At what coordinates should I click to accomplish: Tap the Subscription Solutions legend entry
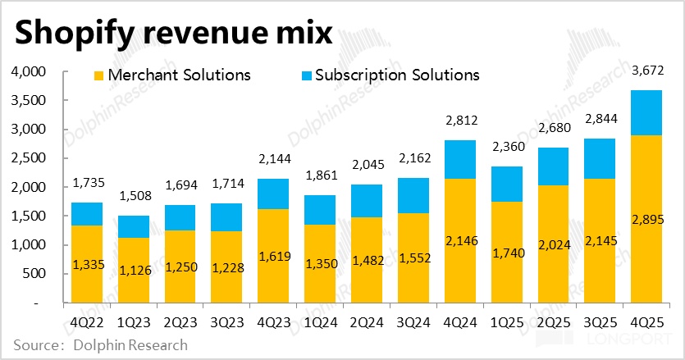(397, 75)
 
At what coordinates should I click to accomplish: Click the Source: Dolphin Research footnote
(100, 345)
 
